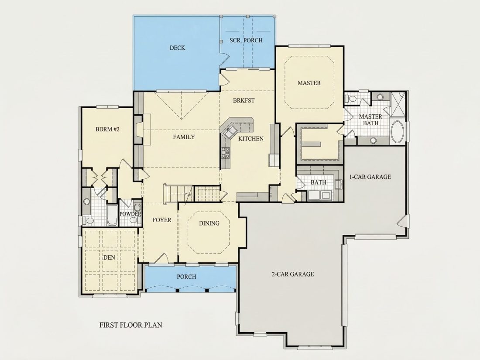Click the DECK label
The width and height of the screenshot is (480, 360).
click(x=177, y=48)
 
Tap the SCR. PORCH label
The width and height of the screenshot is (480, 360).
click(x=246, y=40)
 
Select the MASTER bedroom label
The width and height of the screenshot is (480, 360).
click(x=309, y=82)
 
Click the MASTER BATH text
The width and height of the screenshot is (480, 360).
click(x=370, y=120)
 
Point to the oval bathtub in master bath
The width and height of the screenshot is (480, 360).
click(x=398, y=132)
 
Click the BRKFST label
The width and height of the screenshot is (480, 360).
click(x=243, y=100)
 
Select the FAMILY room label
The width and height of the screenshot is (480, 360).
click(x=184, y=137)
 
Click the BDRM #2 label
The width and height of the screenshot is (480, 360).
click(x=107, y=129)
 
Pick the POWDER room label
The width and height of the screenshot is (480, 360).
click(x=130, y=214)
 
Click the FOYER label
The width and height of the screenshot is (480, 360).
click(x=162, y=220)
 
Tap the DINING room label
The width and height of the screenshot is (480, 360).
click(x=209, y=223)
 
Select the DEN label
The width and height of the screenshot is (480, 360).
click(x=109, y=257)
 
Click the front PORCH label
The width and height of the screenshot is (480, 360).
click(x=186, y=277)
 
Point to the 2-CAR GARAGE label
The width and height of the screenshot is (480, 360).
click(x=293, y=274)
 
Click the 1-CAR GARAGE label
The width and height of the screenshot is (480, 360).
click(x=370, y=177)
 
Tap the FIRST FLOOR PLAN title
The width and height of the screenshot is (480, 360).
click(x=131, y=325)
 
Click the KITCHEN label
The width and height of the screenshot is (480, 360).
click(x=251, y=139)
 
